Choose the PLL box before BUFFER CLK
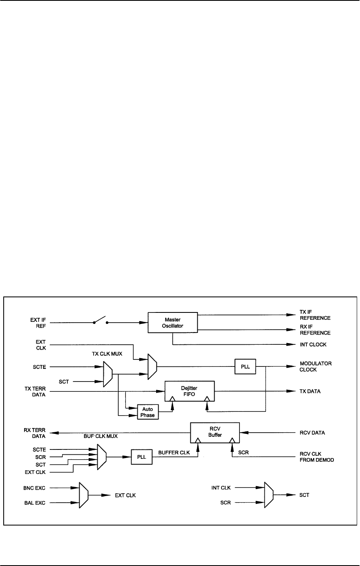[x=141, y=456]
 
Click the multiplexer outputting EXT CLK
[x=83, y=495]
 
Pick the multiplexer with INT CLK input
[x=269, y=495]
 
